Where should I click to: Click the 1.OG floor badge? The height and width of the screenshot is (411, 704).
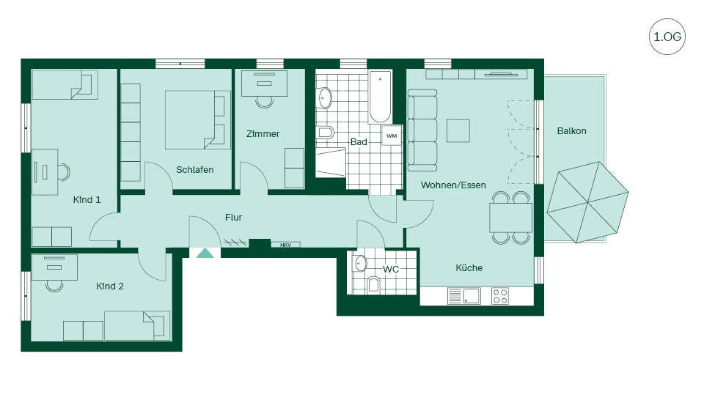click(x=667, y=37)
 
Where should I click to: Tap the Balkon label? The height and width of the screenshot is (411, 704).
click(x=571, y=131)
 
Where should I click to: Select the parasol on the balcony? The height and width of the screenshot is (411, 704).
click(x=587, y=202)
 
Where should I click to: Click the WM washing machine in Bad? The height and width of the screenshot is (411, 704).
click(x=392, y=136)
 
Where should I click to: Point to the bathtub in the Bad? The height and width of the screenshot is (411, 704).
click(x=381, y=97)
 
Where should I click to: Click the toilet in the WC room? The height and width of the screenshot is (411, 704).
click(x=373, y=285)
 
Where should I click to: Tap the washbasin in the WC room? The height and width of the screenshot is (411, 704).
click(x=360, y=264)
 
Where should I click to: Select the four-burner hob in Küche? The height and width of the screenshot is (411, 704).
click(x=499, y=296)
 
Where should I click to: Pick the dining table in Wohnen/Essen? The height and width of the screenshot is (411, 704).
click(x=511, y=218)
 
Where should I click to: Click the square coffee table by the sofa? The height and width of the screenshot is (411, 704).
click(x=458, y=130)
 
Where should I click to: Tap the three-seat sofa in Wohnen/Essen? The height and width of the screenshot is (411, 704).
click(x=422, y=130)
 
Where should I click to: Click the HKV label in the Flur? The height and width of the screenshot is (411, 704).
click(x=285, y=245)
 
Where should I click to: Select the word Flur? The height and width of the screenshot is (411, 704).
click(x=233, y=218)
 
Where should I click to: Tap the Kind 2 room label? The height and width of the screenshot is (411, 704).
click(x=110, y=286)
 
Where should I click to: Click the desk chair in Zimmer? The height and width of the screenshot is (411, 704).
click(x=265, y=102)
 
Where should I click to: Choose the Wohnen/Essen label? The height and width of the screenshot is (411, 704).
click(x=453, y=185)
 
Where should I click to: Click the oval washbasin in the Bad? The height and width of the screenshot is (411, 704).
click(x=325, y=98)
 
